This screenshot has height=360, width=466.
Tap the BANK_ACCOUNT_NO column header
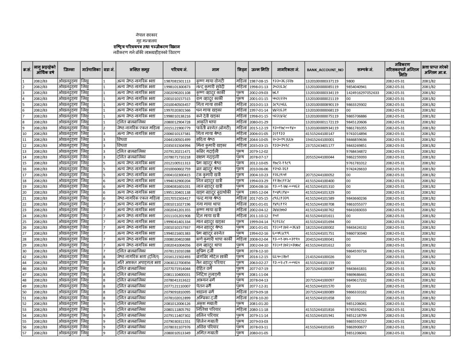point(325,70)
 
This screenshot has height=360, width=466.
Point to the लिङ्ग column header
point(242,70)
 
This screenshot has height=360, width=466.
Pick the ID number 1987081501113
point(177,81)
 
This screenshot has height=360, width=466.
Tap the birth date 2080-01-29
point(259,122)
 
